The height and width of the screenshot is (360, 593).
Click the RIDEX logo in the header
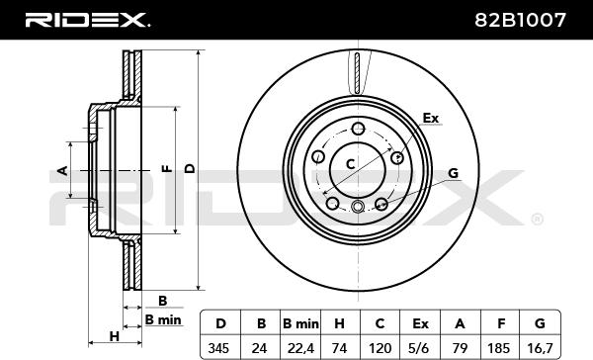[x=87, y=20]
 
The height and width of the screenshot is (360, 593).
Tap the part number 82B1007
[x=521, y=20]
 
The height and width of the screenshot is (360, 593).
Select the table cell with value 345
[x=219, y=347]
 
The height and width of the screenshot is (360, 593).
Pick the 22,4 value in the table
[x=300, y=347]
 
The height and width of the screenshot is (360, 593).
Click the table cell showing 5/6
[x=420, y=347]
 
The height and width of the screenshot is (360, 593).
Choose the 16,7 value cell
[x=540, y=347]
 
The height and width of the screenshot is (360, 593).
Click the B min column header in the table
[x=300, y=323]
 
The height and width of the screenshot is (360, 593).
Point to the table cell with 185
[x=500, y=347]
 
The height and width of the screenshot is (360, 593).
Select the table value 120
[x=380, y=347]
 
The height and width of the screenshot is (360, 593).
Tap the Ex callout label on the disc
[x=430, y=118]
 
